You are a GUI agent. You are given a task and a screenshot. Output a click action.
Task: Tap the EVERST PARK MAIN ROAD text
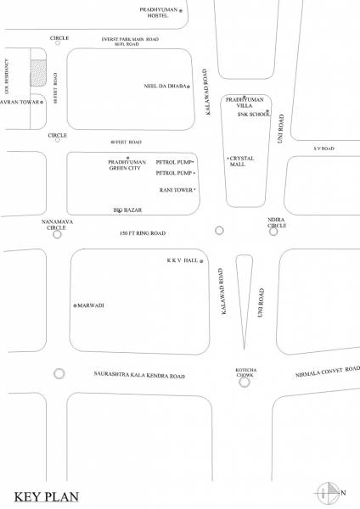[130, 39]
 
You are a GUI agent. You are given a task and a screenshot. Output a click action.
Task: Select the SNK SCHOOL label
[251, 113]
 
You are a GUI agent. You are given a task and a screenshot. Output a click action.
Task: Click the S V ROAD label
[324, 148]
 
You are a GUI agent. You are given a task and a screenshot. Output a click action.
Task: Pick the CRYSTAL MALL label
[245, 162]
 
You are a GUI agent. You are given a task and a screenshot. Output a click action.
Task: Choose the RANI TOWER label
[175, 189]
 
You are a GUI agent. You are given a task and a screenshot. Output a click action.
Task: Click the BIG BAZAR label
[127, 209]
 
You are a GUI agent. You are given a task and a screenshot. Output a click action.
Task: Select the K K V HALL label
[182, 261]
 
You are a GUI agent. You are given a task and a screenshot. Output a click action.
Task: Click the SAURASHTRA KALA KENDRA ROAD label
[138, 374]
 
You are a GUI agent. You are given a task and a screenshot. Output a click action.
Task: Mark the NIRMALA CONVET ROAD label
[328, 372]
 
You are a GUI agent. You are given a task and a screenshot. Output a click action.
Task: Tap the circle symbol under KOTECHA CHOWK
[245, 382]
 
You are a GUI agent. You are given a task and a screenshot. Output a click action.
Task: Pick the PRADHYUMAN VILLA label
[246, 102]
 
